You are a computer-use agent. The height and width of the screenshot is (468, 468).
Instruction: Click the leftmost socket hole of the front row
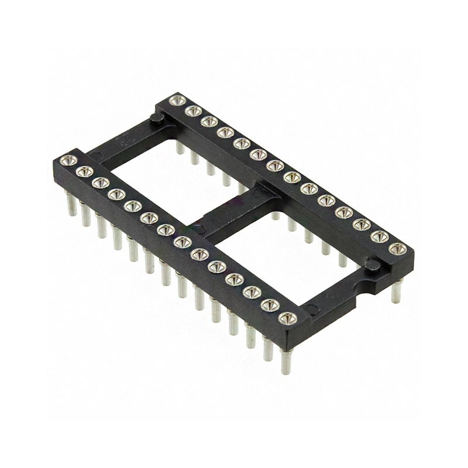(x=68, y=160)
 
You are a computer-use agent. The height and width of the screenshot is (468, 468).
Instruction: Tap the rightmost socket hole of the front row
(x=287, y=318)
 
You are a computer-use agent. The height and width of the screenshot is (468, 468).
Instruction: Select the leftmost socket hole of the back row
(x=177, y=101)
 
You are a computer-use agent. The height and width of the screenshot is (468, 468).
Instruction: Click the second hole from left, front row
(x=84, y=171)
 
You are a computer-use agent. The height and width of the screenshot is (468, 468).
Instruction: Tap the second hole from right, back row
(x=380, y=236)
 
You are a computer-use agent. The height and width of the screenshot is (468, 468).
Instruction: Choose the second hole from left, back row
(x=193, y=111)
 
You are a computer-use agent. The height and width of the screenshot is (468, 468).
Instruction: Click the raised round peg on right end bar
(x=370, y=266)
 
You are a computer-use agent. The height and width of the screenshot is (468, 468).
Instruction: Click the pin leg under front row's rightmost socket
(x=286, y=360)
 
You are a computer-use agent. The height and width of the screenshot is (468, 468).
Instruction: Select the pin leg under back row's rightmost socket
(x=396, y=290)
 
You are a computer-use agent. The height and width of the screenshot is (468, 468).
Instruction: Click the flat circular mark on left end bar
(x=97, y=156)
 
